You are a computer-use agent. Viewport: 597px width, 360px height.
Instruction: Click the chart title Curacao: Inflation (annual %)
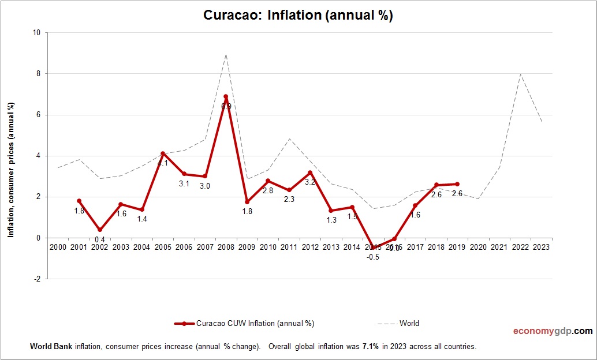pos(298,15)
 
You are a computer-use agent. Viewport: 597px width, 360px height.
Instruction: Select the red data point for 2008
pos(226,96)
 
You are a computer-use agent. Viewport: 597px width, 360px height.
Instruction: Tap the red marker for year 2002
pos(100,230)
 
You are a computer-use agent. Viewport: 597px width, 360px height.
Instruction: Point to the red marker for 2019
pos(457,184)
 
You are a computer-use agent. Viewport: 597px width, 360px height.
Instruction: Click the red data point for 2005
pos(163,153)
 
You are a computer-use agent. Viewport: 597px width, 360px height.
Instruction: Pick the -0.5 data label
pos(373,257)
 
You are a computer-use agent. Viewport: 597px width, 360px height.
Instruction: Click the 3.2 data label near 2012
pos(310,182)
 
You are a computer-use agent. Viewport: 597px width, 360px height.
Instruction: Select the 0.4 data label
pos(100,239)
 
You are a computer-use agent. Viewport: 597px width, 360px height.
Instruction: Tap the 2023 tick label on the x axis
pos(541,247)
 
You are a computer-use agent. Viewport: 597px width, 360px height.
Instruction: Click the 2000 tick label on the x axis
pos(58,247)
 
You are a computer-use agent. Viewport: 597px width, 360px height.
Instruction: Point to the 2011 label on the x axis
pos(289,247)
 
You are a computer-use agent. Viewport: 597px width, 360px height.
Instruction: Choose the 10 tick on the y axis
pos(36,33)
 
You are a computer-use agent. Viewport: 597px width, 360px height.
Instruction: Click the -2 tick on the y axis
pos(36,279)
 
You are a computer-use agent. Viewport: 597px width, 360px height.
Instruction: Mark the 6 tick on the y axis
pos(38,115)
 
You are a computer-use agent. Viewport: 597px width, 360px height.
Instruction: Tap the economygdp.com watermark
pos(553,331)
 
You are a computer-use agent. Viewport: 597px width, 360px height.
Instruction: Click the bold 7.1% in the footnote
pos(370,347)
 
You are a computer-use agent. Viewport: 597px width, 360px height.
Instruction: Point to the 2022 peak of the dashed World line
pos(520,74)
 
